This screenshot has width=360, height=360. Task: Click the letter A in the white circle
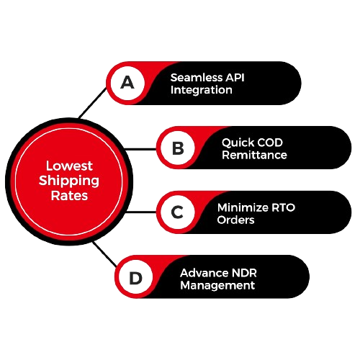point(127,82)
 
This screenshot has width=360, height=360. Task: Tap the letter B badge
point(178,148)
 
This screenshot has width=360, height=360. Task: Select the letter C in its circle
point(177,212)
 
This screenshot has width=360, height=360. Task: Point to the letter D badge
point(136,278)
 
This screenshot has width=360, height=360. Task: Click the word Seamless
point(197,78)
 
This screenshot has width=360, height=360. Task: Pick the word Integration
point(202,90)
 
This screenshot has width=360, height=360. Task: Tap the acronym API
point(235,78)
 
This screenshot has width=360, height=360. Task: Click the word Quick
point(236,143)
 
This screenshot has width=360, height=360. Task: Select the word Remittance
point(254,155)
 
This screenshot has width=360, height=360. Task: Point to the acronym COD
point(268,143)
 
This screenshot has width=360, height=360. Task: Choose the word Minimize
point(243,207)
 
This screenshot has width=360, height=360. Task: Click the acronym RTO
point(283,207)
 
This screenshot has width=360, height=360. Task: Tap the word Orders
point(235,220)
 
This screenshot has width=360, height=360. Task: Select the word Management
point(217,286)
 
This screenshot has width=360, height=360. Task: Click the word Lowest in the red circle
point(69,166)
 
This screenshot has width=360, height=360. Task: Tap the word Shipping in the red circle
point(69,181)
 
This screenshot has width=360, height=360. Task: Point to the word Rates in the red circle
point(69,196)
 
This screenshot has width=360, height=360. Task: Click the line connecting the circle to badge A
point(93,103)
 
